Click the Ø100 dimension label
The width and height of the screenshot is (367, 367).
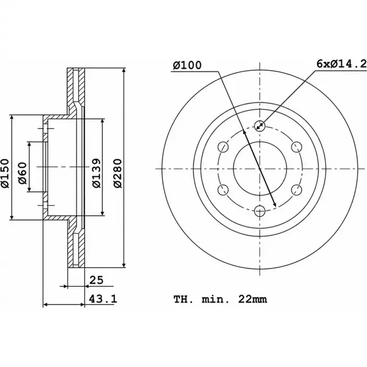[187, 65]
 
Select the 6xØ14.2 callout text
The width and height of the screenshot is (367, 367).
[341, 63]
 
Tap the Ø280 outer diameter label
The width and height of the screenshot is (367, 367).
[118, 174]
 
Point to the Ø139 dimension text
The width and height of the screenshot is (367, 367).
[96, 174]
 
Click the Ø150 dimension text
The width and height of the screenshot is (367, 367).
[5, 174]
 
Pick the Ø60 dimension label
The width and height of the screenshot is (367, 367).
[23, 173]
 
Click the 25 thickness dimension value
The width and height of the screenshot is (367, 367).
[96, 280]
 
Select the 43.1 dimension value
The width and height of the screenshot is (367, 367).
[103, 299]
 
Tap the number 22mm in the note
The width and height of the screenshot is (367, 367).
[253, 299]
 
